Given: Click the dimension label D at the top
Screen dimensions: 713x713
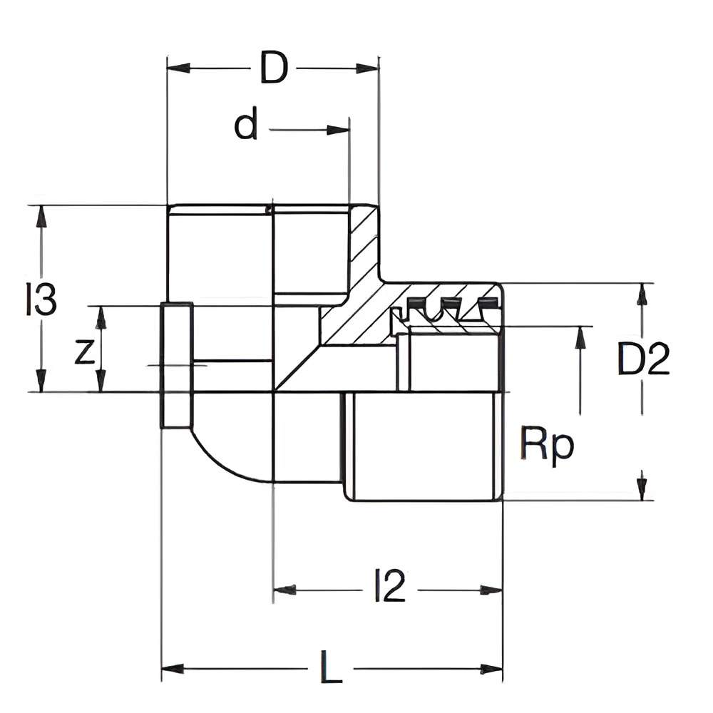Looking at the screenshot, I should point(273,68).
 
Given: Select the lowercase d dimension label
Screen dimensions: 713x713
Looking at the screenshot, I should point(246,126).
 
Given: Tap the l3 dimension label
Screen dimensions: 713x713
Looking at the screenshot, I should point(41,299).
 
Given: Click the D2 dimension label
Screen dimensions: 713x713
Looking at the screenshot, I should point(643,360).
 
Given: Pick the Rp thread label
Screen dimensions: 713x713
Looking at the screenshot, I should point(547,446).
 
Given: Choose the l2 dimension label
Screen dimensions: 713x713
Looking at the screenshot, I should point(390,587).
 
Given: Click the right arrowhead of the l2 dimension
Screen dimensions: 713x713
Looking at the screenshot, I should point(491,590).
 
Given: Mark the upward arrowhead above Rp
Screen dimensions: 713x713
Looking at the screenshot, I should point(580,338).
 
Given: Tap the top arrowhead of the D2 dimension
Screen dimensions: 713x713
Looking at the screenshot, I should point(642,294).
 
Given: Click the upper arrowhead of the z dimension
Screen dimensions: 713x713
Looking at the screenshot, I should point(101,318).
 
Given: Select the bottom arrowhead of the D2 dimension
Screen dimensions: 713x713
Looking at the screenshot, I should point(642,488).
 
